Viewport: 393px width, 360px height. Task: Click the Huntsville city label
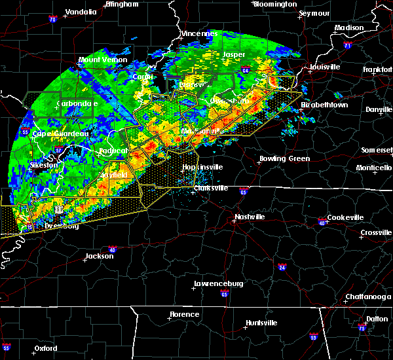pyautogui.click(x=261, y=323)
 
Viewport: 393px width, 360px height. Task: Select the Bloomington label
pyautogui.click(x=275, y=4)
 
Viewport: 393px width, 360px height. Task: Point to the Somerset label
pyautogui.click(x=377, y=150)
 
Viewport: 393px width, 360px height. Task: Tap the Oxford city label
pyautogui.click(x=47, y=348)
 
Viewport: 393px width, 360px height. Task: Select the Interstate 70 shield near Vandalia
pyautogui.click(x=52, y=20)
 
